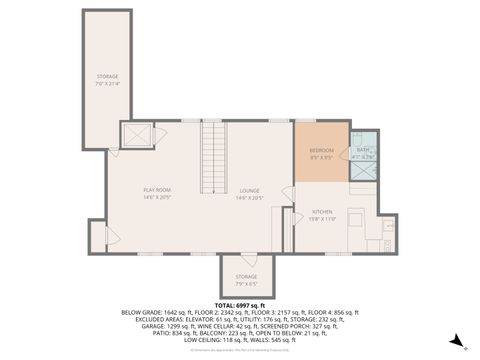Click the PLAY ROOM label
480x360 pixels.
pyautogui.click(x=158, y=190)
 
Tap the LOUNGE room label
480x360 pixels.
pyautogui.click(x=249, y=190)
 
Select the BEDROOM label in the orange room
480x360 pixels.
pyautogui.click(x=321, y=150)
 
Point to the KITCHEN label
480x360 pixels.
pyautogui.click(x=322, y=212)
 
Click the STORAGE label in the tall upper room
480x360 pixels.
pyautogui.click(x=107, y=76)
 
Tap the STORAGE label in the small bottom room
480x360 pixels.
pyautogui.click(x=246, y=276)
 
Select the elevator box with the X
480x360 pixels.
pyautogui.click(x=136, y=135)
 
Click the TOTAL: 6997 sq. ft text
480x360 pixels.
pyautogui.click(x=240, y=304)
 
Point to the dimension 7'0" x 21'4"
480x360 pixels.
pyautogui.click(x=107, y=84)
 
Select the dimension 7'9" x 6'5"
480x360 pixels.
pyautogui.click(x=246, y=283)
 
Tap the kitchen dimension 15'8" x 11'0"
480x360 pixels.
pyautogui.click(x=322, y=219)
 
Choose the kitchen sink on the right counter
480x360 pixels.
pyautogui.click(x=385, y=225)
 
